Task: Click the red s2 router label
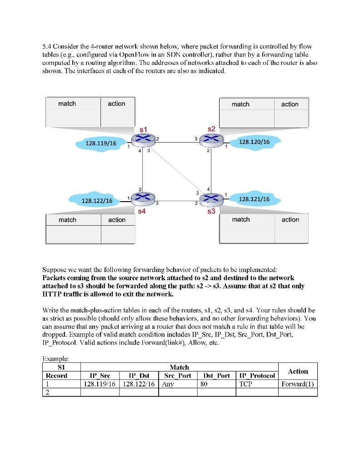pyautogui.click(x=210, y=129)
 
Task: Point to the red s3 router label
pyautogui.click(x=210, y=212)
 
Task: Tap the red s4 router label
pyautogui.click(x=142, y=211)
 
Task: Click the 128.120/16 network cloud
pyautogui.click(x=254, y=142)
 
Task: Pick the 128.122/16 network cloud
pyautogui.click(x=96, y=200)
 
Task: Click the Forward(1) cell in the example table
pyautogui.click(x=298, y=384)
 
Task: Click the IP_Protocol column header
pyautogui.click(x=257, y=376)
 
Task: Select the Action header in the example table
pyautogui.click(x=298, y=371)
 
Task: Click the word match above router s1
pyautogui.click(x=67, y=104)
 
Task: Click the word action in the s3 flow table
pyautogui.click(x=290, y=220)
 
